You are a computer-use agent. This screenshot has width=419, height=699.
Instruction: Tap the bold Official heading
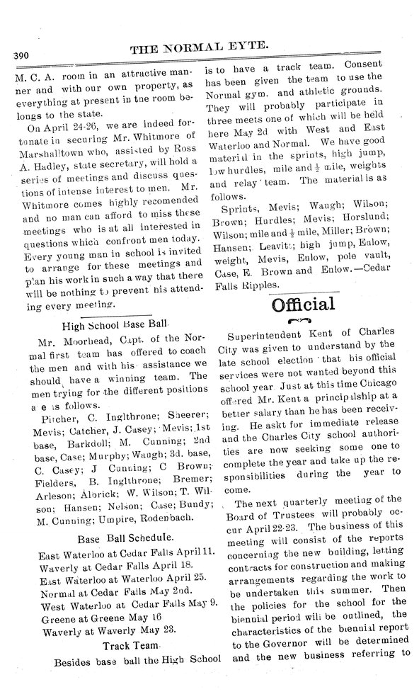coord(302,305)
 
